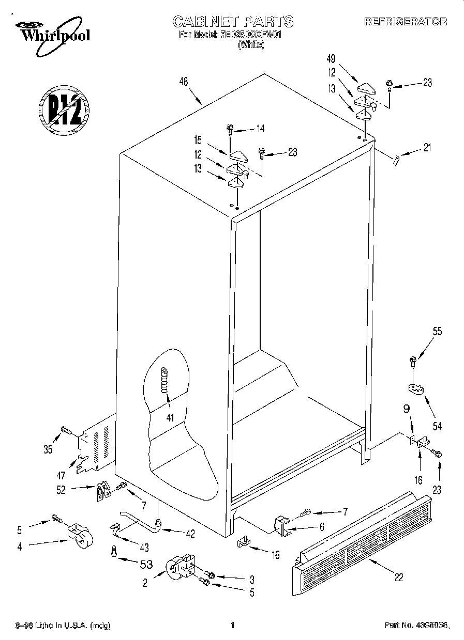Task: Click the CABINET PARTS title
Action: click(232, 21)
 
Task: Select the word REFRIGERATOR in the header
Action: click(406, 22)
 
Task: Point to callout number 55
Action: click(438, 332)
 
